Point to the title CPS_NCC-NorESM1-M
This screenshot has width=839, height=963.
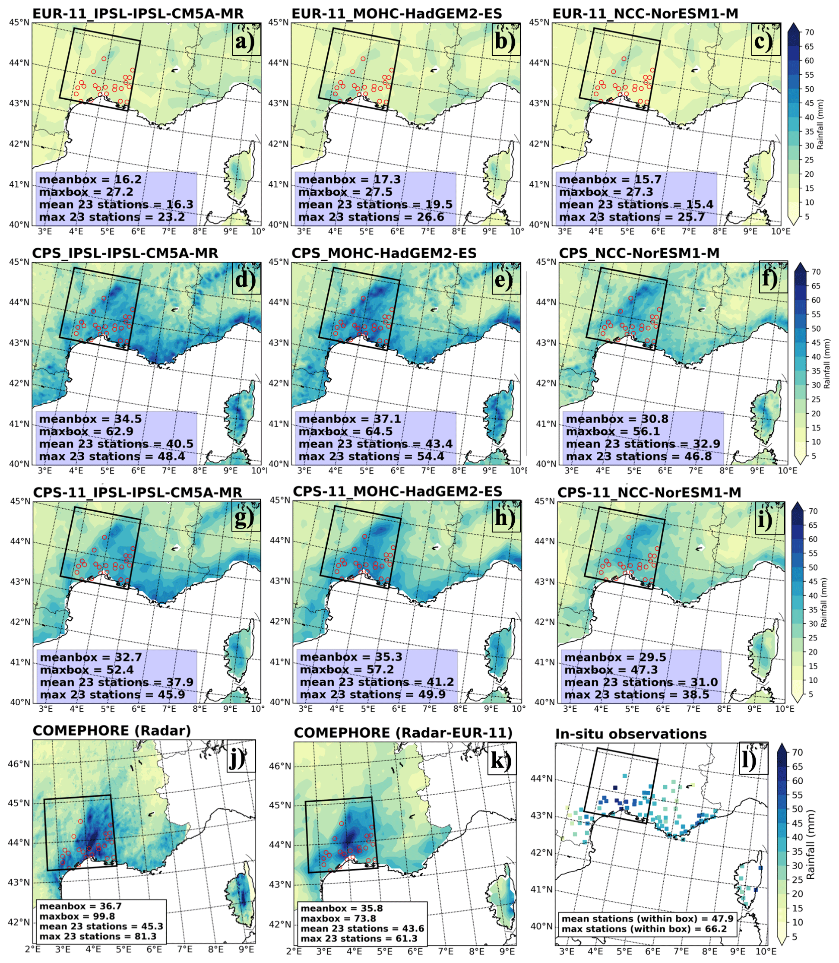[x=639, y=253]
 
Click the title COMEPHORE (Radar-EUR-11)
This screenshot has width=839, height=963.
[x=403, y=733]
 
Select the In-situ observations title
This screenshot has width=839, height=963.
[x=631, y=734]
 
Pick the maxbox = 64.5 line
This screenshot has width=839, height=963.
[x=345, y=431]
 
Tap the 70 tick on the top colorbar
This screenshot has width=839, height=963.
[x=809, y=32]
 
